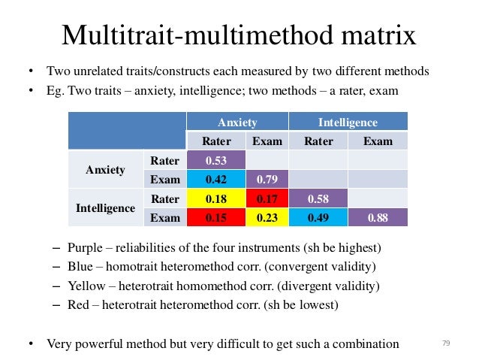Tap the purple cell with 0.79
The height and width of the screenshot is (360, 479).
(267, 180)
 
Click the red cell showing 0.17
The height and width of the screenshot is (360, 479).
(267, 199)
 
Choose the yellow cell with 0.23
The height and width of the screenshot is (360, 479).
(267, 218)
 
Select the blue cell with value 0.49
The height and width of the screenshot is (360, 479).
(318, 218)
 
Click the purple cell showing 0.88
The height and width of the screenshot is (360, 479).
(378, 218)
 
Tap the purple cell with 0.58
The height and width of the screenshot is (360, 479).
(318, 199)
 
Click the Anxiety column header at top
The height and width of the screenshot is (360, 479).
(237, 122)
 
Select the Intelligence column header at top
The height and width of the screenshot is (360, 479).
(348, 122)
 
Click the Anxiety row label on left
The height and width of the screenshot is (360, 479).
(105, 170)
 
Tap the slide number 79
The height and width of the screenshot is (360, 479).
(446, 343)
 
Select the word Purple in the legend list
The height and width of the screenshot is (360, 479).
(85, 247)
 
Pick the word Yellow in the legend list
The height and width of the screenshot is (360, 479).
(86, 286)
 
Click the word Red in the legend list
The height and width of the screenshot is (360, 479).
(78, 304)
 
